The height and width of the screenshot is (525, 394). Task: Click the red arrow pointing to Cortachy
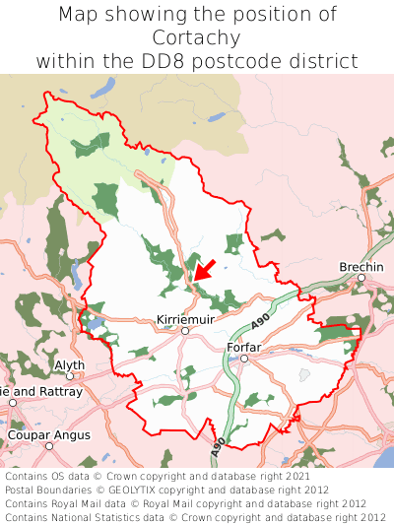click(205, 267)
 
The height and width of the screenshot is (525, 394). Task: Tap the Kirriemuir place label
click(184, 320)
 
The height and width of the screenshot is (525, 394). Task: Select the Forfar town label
click(243, 348)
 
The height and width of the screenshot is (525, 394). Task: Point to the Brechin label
click(361, 267)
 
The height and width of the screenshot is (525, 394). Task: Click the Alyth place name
click(69, 364)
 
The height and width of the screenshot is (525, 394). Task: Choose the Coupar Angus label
click(48, 434)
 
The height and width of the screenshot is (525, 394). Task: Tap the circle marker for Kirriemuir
click(184, 331)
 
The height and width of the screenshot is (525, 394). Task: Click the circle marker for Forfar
click(244, 359)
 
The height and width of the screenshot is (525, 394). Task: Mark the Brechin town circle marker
click(361, 278)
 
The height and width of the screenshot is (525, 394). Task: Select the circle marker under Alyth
click(69, 375)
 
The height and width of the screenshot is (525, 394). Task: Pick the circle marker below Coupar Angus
click(48, 445)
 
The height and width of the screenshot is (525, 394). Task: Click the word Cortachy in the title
click(197, 37)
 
